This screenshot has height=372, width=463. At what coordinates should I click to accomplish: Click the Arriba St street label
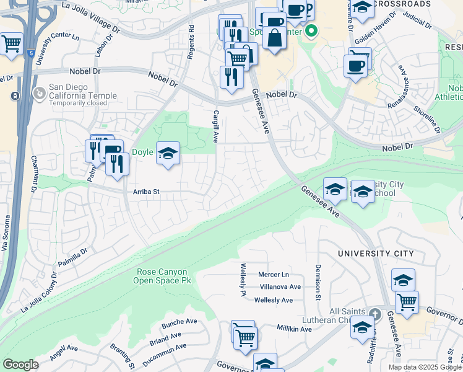(x=146, y=192)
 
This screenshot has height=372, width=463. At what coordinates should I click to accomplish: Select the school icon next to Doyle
(x=168, y=153)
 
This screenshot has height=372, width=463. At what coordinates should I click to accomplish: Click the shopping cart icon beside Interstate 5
(x=11, y=45)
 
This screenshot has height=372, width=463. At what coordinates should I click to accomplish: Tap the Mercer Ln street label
(x=274, y=274)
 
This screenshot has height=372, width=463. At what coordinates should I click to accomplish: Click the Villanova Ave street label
(x=280, y=287)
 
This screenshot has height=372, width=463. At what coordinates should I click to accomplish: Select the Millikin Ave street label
(x=293, y=329)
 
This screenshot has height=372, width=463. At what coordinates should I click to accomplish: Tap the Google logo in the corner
(x=20, y=364)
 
